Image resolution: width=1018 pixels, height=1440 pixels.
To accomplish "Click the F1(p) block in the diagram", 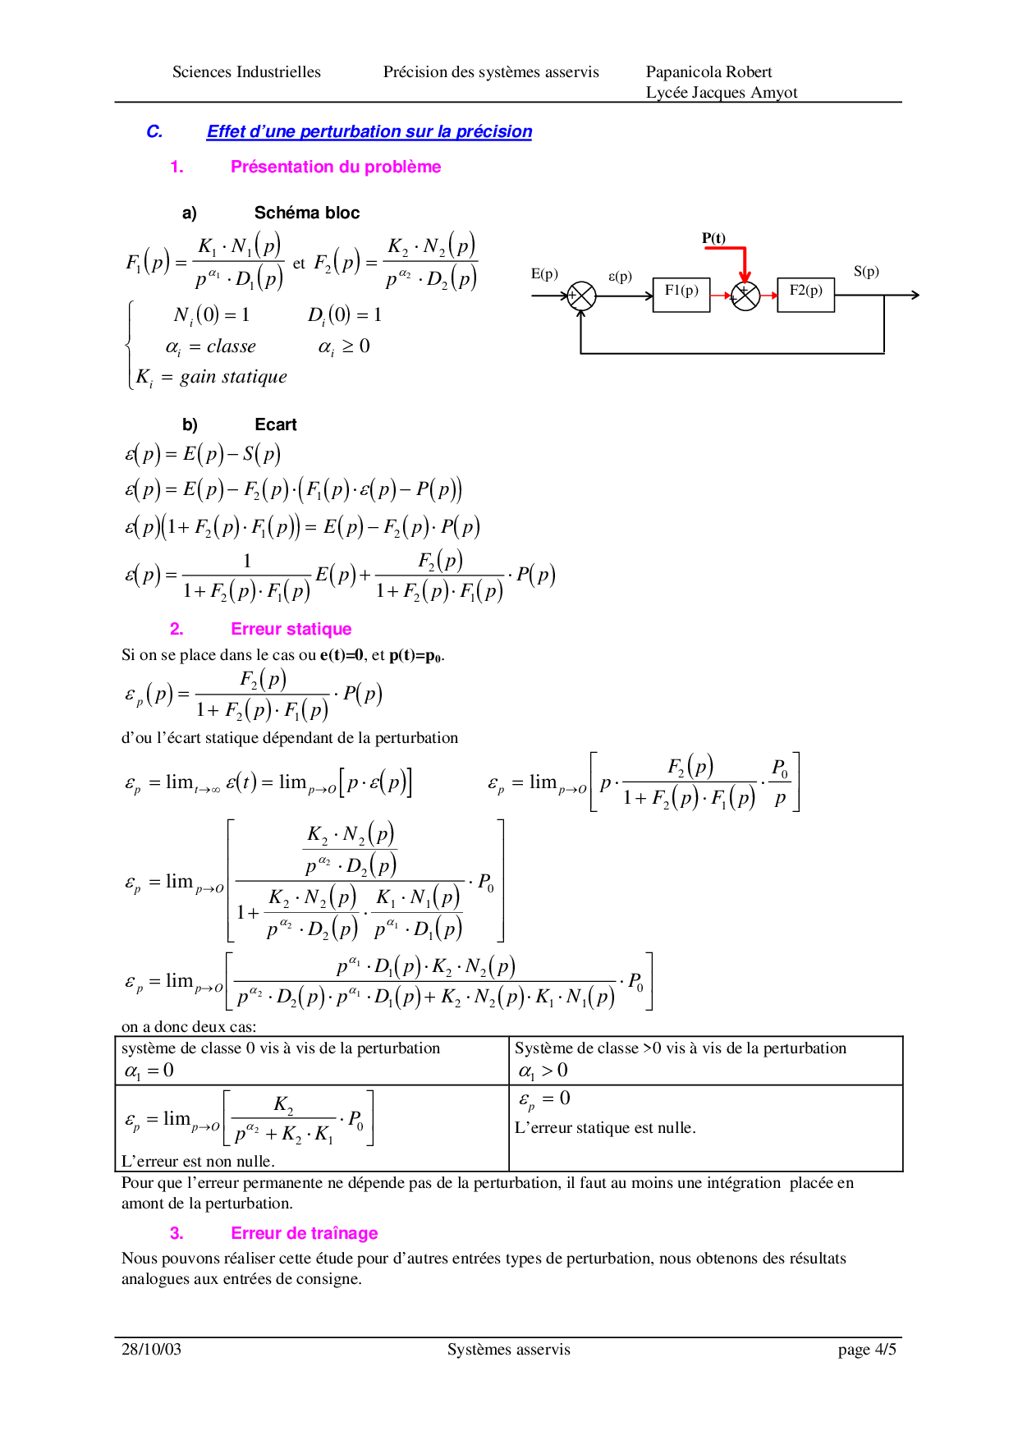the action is click(681, 295).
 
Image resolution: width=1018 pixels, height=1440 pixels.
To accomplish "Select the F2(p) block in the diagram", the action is click(806, 295).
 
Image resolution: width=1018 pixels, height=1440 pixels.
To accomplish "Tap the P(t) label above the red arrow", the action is click(713, 238).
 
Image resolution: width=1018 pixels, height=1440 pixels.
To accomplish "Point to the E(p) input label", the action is click(544, 274).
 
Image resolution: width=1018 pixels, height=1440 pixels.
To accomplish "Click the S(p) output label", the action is click(866, 272).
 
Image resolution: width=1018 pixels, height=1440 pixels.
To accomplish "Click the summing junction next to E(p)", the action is click(582, 296).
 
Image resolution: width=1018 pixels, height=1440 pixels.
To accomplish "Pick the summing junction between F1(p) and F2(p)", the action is click(745, 296).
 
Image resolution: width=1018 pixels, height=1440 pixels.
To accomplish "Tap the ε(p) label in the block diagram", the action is click(620, 277).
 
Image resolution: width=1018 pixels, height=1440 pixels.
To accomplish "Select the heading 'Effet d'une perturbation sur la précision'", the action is click(369, 131).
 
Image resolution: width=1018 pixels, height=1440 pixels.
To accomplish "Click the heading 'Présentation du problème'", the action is click(336, 167).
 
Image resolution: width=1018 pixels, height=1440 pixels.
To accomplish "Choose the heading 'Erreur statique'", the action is click(291, 629).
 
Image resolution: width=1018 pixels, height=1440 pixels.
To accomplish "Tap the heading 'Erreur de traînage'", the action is click(305, 1233).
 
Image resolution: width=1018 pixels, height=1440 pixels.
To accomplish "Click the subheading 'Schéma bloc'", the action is click(307, 213).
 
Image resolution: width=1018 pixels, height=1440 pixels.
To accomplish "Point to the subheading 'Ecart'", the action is click(276, 424).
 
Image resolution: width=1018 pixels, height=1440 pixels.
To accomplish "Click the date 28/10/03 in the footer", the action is click(151, 1349).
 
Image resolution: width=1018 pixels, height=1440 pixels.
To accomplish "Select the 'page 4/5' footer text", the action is click(867, 1350).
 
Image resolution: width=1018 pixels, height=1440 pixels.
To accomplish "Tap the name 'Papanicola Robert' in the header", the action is click(709, 72).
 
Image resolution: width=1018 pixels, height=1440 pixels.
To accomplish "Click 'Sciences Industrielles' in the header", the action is click(246, 72).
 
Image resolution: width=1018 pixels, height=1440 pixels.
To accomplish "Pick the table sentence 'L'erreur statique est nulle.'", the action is click(605, 1128).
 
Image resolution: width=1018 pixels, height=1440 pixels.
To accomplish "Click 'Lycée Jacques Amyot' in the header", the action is click(722, 93).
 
